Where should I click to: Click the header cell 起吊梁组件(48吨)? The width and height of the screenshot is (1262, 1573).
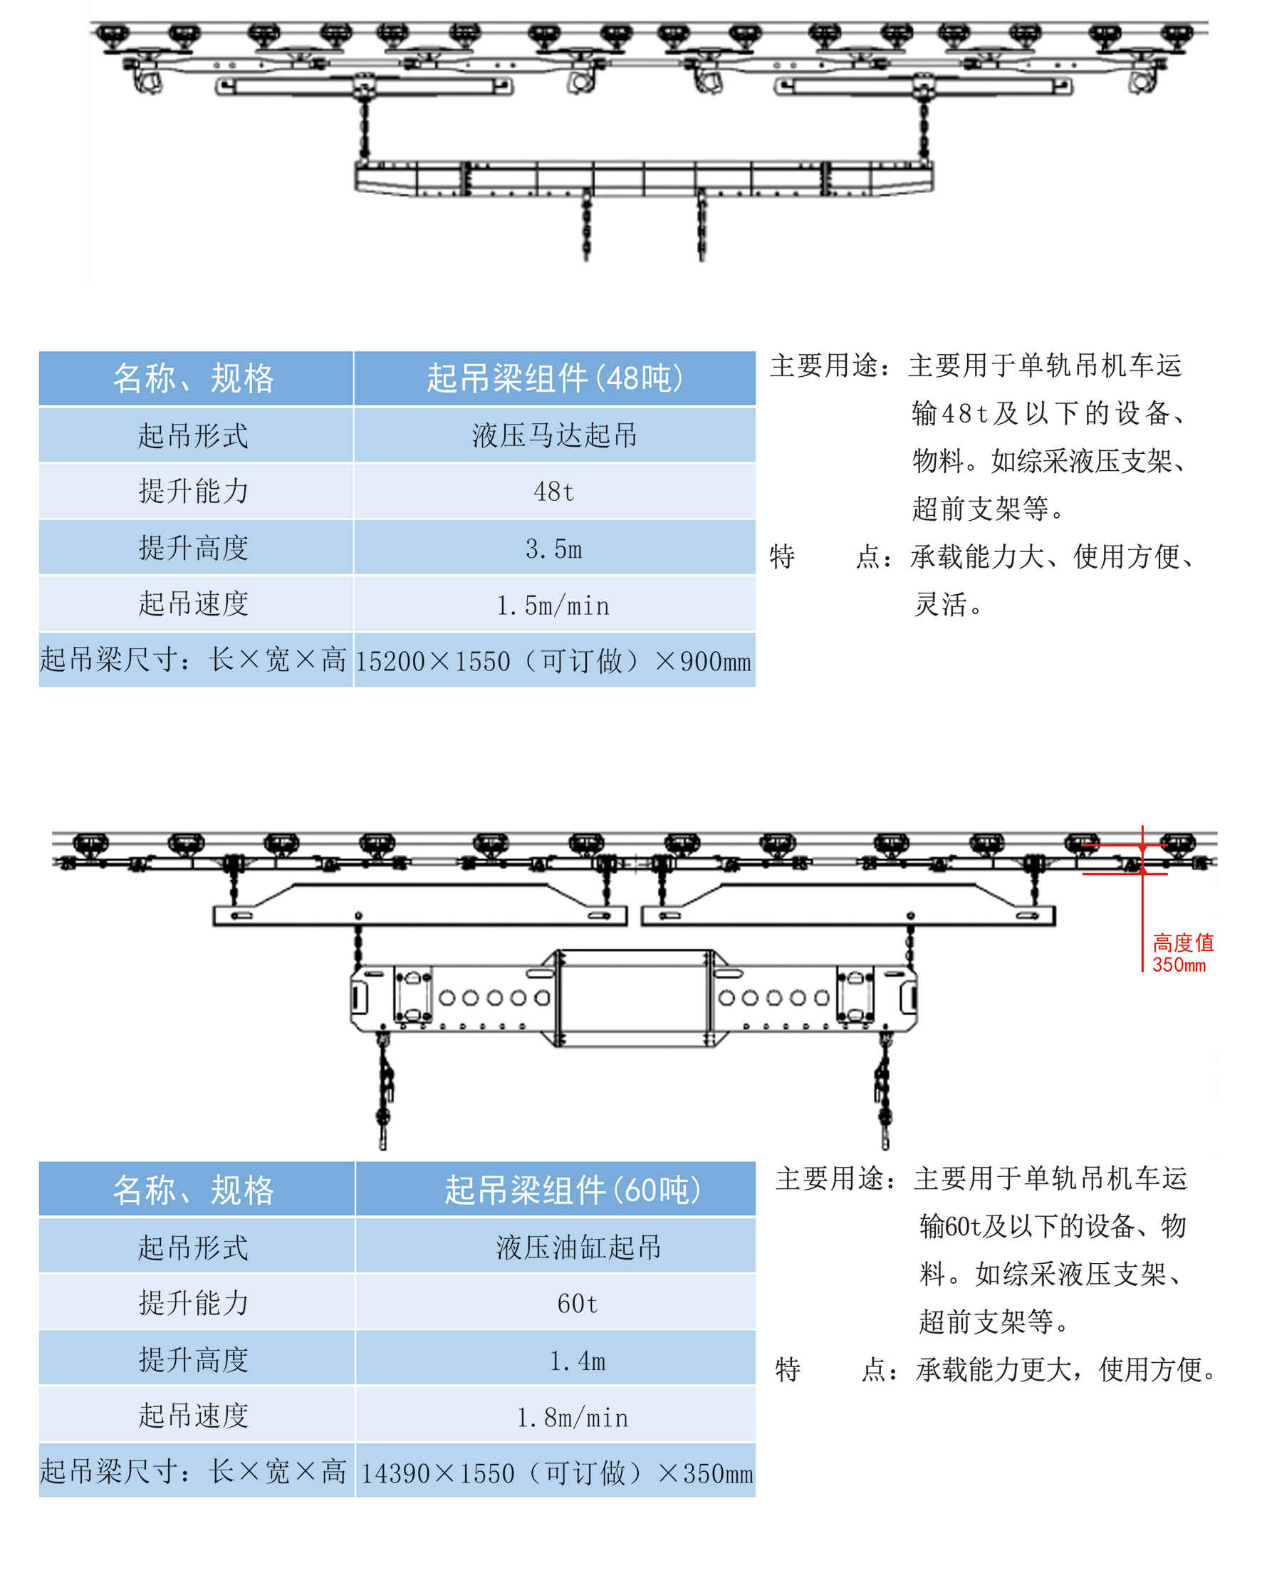[553, 378]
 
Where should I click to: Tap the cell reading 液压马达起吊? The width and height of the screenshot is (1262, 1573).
[553, 435]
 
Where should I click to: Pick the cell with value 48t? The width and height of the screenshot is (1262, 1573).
[553, 492]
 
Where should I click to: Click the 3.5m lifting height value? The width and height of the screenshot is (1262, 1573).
[553, 549]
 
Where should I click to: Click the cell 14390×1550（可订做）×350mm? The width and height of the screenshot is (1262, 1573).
[556, 1473]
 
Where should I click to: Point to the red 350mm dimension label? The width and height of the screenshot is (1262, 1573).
[1179, 965]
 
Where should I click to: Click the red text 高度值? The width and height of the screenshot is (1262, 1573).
[1182, 943]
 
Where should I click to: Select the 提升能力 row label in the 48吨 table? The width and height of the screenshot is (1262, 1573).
[194, 491]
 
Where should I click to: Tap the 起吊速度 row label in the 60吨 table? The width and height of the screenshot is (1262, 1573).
[194, 1416]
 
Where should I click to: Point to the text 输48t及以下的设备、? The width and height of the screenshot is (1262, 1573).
[1049, 414]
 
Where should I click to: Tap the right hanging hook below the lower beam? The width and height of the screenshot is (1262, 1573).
[884, 1094]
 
